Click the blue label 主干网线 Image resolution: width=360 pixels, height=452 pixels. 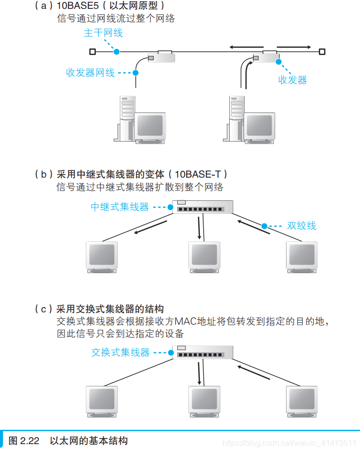[x=103, y=33]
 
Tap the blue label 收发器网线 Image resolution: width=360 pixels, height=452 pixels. [x=90, y=73]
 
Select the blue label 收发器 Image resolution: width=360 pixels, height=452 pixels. [x=292, y=80]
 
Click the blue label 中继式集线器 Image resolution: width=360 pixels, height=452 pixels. [x=119, y=207]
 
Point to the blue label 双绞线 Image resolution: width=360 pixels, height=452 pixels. [x=301, y=226]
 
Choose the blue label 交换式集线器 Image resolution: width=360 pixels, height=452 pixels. [x=120, y=352]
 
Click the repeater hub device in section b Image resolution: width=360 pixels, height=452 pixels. [x=203, y=207]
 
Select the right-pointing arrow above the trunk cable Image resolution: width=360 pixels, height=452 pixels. [x=294, y=47]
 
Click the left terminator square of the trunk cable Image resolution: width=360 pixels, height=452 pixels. [x=92, y=51]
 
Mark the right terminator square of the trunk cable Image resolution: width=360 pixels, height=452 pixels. [x=322, y=51]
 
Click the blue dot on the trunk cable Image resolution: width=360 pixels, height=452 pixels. [x=116, y=51]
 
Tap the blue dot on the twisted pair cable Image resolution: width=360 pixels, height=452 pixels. [x=264, y=226]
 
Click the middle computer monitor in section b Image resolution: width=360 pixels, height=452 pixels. [x=204, y=256]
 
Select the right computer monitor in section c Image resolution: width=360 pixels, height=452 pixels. [x=301, y=401]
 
